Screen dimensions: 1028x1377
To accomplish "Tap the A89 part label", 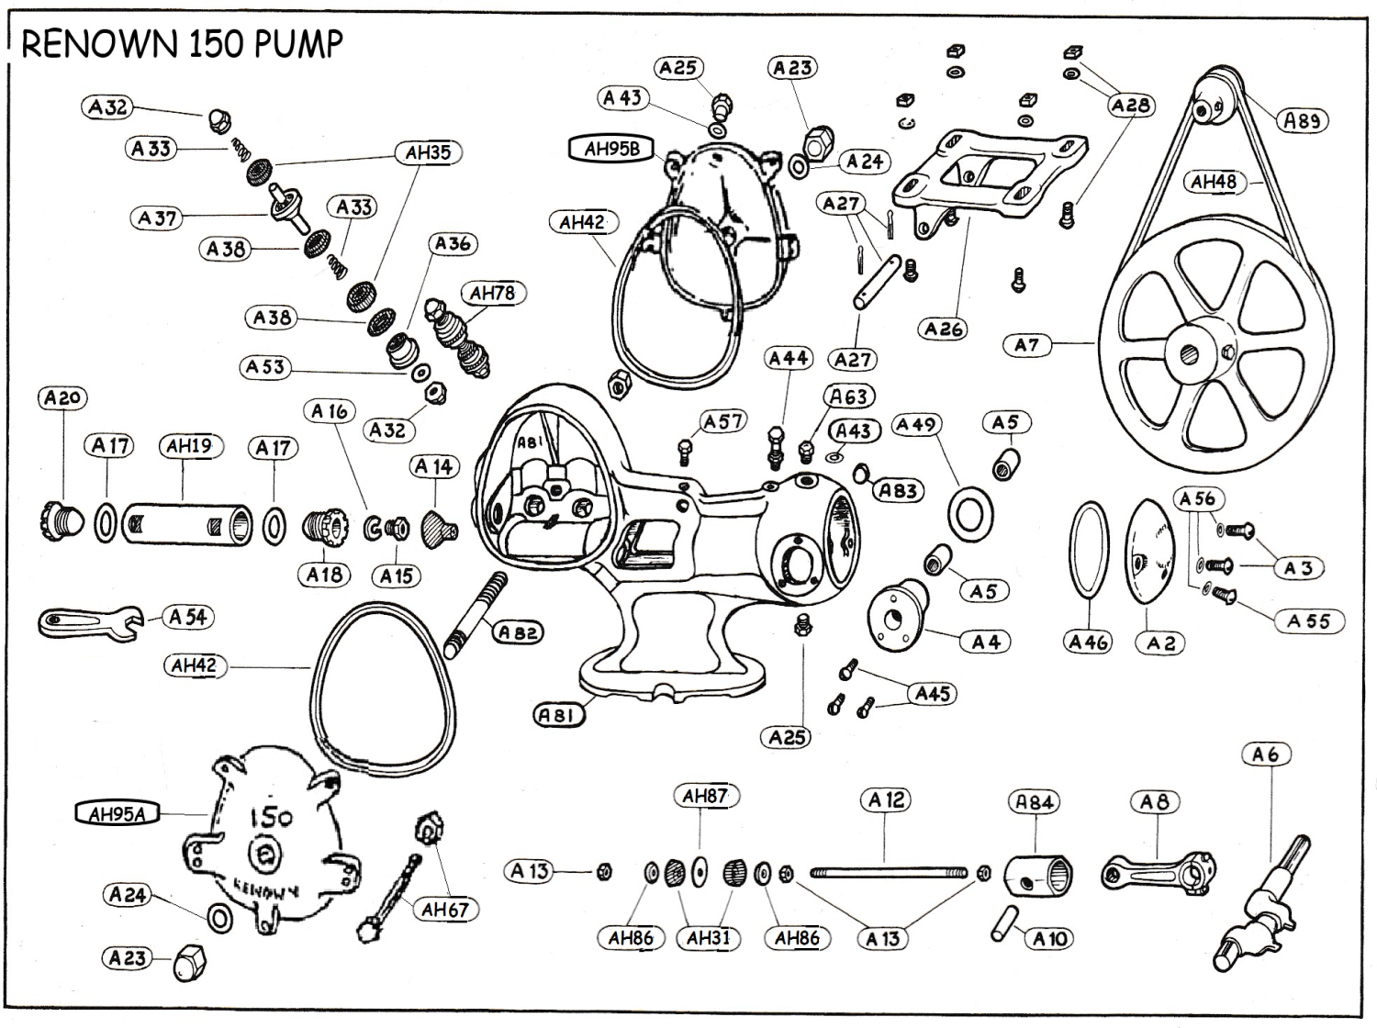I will (1302, 120).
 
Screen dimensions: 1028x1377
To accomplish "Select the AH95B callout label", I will (612, 149).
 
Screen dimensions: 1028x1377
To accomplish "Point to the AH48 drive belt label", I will (1214, 182).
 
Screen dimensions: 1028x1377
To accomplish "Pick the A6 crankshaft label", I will (1265, 754).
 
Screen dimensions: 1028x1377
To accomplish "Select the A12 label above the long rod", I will (886, 800).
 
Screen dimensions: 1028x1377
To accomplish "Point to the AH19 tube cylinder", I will (187, 524).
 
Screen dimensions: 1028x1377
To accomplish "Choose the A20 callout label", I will (62, 397).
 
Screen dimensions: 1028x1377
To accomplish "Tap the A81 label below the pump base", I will (559, 714).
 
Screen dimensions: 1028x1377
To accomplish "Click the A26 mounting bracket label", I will (943, 329).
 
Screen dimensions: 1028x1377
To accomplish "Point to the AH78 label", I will (493, 293).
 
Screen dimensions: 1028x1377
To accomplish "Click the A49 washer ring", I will (968, 515).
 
